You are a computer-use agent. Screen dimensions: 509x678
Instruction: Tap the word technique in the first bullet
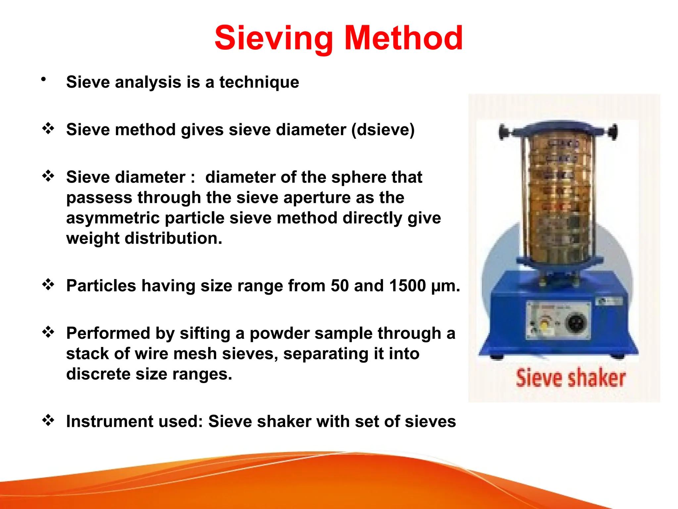pos(259,82)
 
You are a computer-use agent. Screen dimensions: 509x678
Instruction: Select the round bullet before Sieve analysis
pos(43,79)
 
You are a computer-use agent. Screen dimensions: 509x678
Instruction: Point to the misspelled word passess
pos(99,198)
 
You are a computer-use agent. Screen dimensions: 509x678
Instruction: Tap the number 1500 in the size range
pos(407,285)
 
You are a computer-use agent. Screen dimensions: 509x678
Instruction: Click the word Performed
pos(108,333)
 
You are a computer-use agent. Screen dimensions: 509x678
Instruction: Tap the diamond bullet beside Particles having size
pos(48,285)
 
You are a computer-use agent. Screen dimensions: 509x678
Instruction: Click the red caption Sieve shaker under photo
pos(570,378)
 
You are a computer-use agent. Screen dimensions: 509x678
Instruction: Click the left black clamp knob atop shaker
pos(503,132)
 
